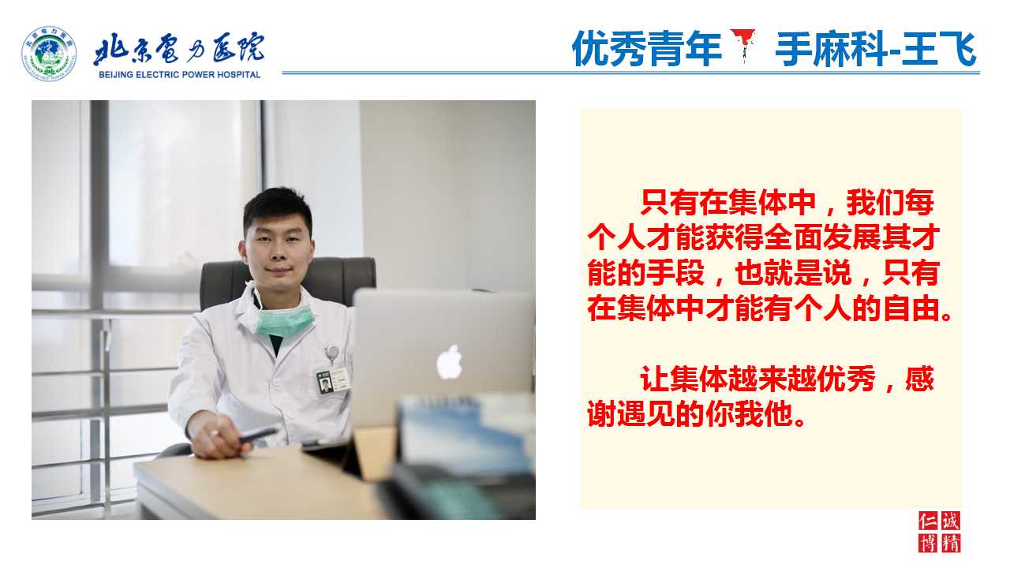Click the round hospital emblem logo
point(49,54)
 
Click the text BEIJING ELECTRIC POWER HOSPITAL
point(179,75)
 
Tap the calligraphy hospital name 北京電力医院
point(179,48)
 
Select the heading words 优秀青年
point(647,49)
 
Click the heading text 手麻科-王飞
point(876,49)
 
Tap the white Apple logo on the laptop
point(450,361)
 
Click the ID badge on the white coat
point(333,381)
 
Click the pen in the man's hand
point(258,435)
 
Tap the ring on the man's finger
point(214,433)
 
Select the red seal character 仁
point(928,521)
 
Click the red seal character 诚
point(951,521)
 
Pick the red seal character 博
point(928,544)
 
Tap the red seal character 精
point(951,544)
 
